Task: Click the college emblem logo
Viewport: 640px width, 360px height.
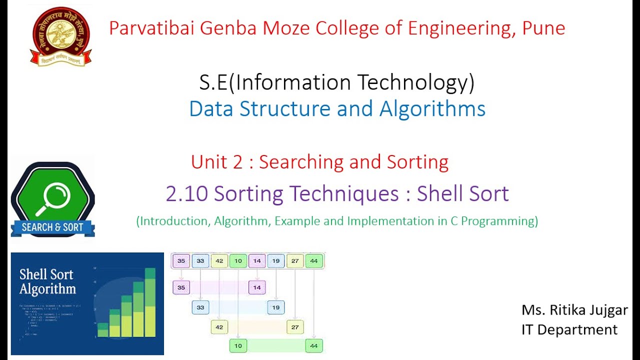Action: pyautogui.click(x=61, y=36)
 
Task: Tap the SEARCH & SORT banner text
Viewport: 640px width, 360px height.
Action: pyautogui.click(x=52, y=227)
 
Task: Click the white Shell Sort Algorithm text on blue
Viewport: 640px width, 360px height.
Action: pyautogui.click(x=47, y=281)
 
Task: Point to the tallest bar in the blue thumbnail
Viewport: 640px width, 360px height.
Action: pyautogui.click(x=150, y=302)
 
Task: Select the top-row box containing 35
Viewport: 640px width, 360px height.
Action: pyautogui.click(x=181, y=260)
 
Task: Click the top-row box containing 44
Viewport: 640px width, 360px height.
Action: pyautogui.click(x=313, y=260)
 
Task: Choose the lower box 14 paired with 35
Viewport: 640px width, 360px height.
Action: pyautogui.click(x=256, y=287)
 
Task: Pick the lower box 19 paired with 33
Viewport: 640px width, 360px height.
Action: pyautogui.click(x=275, y=307)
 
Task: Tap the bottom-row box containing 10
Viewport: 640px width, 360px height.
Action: pyautogui.click(x=238, y=345)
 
